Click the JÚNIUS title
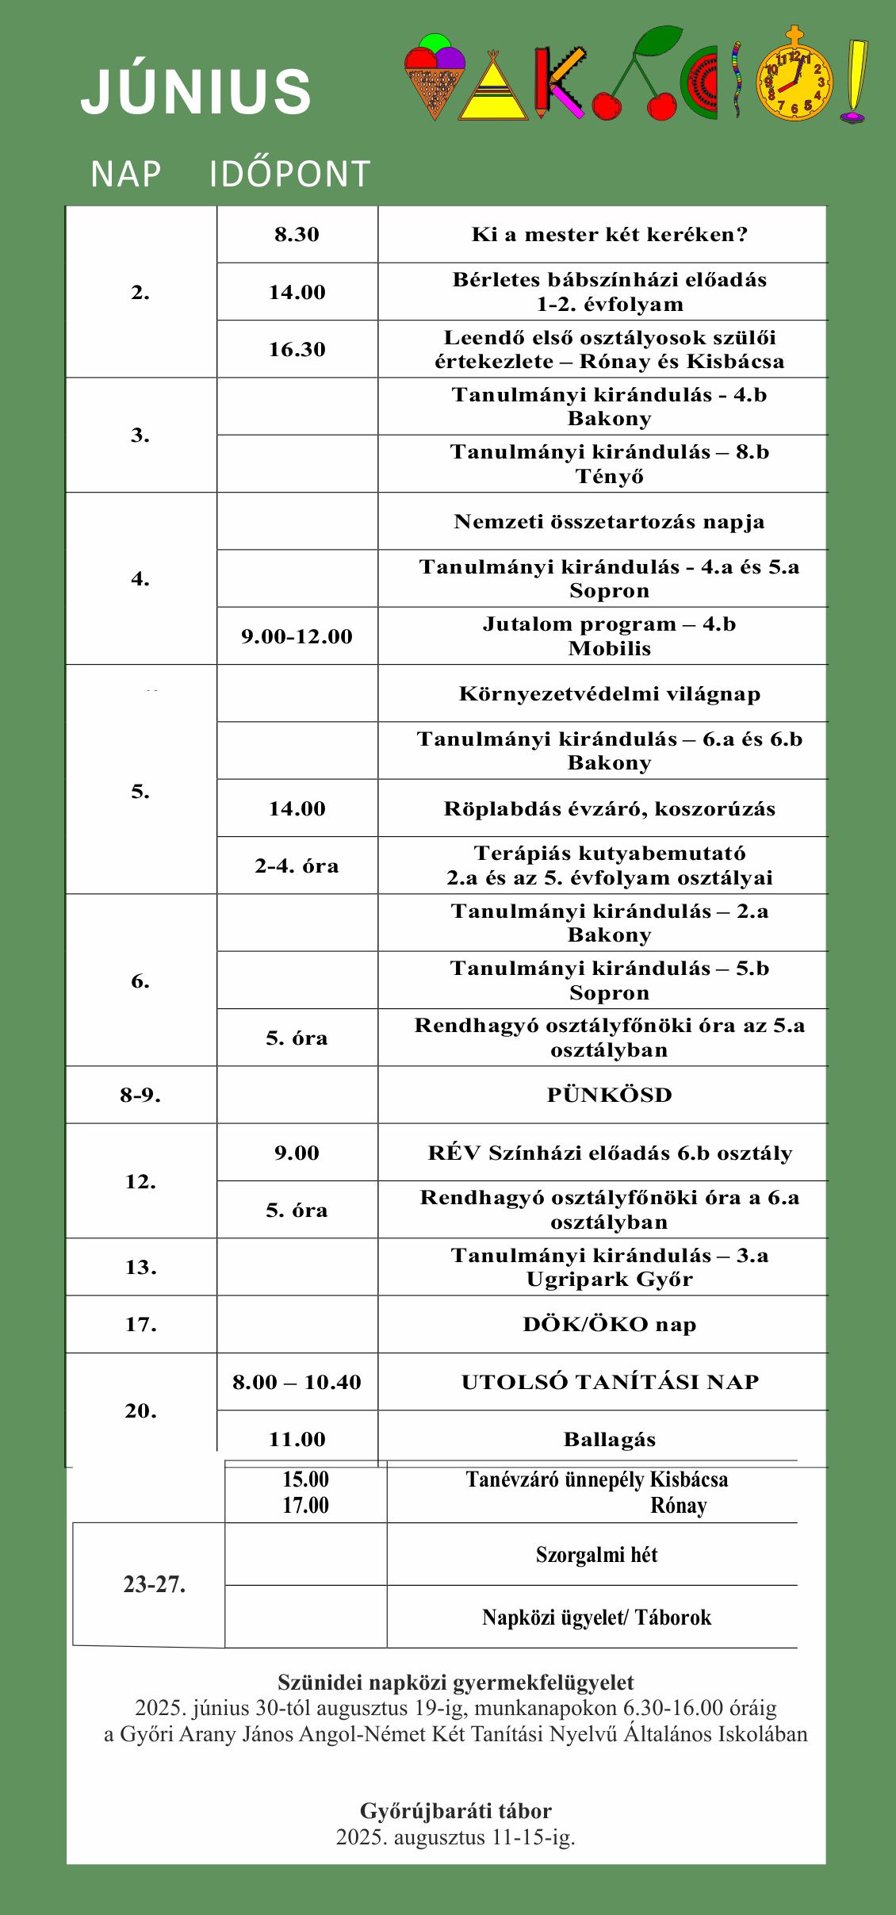196,92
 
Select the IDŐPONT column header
289,174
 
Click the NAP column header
125,174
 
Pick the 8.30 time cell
297,235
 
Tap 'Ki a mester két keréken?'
609,235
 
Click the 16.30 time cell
297,349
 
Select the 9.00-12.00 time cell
297,636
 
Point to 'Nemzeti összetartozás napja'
609,521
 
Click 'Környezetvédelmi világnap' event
609,694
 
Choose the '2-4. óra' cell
297,865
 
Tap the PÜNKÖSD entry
609,1095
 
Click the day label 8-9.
140,1095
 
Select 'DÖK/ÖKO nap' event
609,1324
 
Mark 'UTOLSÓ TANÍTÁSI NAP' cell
609,1382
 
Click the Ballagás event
609,1439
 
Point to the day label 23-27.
154,1584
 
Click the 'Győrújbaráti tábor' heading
455,1810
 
